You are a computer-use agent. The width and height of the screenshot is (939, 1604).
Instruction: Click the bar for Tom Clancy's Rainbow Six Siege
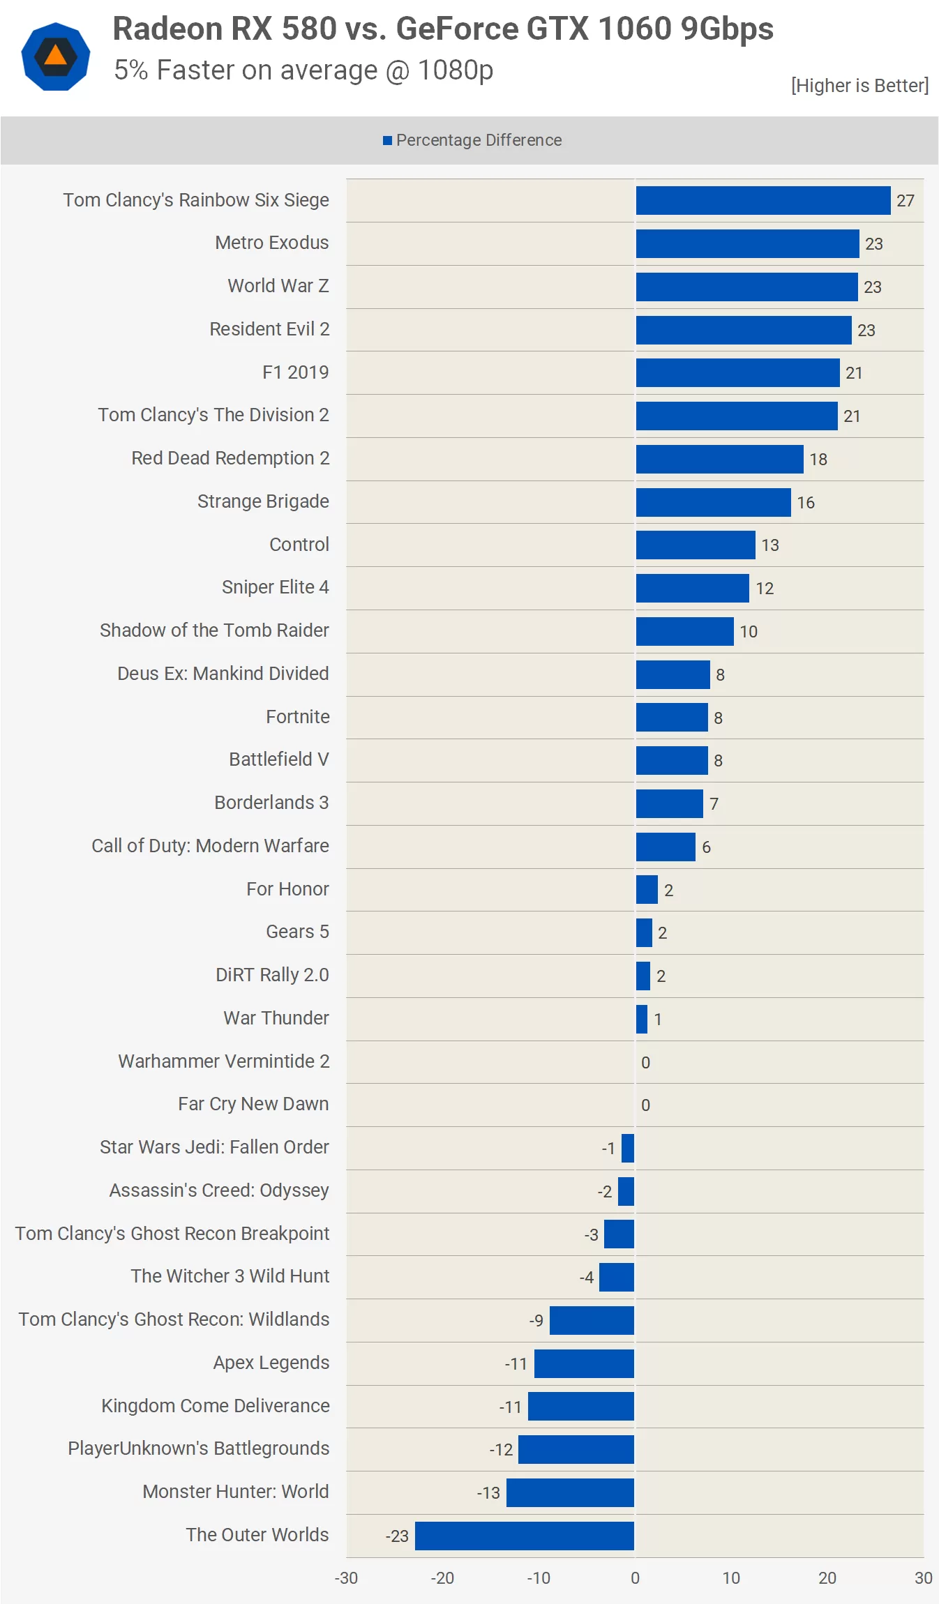tap(763, 200)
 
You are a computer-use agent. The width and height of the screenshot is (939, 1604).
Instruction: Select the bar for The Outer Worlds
tap(525, 1536)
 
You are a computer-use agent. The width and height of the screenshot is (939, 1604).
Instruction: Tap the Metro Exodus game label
tap(271, 243)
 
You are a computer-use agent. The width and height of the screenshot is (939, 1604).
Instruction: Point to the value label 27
tap(905, 201)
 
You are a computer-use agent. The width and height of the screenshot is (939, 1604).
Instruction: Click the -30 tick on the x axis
tap(346, 1578)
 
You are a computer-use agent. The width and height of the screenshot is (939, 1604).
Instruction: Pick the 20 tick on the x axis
tap(827, 1578)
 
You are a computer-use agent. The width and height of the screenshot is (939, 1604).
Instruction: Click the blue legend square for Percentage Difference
tap(387, 141)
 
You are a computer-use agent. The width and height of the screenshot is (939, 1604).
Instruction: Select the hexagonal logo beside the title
tap(56, 56)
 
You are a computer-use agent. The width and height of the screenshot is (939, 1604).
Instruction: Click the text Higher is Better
tap(859, 86)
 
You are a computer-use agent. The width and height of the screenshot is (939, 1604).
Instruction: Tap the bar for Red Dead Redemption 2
tap(719, 459)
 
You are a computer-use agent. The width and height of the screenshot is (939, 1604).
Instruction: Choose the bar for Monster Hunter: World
tap(570, 1492)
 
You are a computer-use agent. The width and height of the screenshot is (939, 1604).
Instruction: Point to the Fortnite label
tap(297, 717)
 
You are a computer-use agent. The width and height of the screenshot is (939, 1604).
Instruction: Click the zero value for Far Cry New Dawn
tap(645, 1105)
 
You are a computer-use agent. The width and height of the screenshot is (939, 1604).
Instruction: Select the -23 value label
tap(397, 1536)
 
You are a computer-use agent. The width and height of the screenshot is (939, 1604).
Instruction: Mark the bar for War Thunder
tap(642, 1019)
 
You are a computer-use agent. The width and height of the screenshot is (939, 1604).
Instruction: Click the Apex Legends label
tap(271, 1363)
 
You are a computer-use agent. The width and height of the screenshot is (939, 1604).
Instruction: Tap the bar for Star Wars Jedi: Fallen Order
tap(628, 1148)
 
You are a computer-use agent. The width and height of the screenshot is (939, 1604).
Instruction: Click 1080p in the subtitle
tap(455, 70)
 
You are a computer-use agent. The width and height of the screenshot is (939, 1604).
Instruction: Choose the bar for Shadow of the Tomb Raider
tap(684, 631)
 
